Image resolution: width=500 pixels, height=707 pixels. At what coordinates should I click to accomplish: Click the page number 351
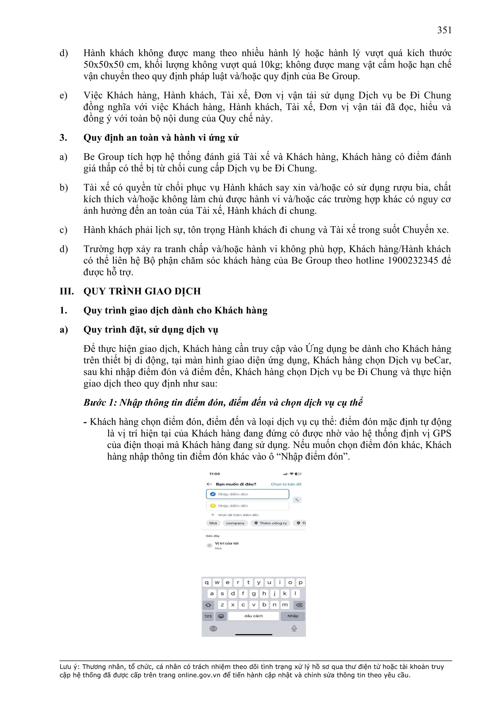pos(444,30)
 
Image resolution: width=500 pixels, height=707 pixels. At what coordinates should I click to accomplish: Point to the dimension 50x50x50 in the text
pos(103,65)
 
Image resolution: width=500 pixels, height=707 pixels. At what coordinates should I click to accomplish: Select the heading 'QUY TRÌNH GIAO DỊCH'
pos(142,291)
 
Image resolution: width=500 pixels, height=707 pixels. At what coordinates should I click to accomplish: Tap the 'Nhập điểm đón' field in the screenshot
pos(248,494)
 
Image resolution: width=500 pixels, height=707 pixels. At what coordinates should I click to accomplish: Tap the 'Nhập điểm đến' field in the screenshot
pos(248,506)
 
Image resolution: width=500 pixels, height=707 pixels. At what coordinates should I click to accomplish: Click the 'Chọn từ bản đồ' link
pos(286,484)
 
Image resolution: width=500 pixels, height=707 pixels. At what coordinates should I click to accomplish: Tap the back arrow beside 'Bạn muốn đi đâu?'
pos(209,484)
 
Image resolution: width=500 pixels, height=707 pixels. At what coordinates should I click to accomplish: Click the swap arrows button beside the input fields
pos(297,500)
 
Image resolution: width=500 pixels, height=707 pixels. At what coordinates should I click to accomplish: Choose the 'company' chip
pos(235,523)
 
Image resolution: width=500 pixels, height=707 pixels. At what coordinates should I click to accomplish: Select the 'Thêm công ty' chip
pos(271,523)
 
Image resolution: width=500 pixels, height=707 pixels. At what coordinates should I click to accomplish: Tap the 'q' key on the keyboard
pos(206,582)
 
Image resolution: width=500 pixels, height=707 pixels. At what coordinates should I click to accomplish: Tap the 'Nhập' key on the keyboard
pos(293,616)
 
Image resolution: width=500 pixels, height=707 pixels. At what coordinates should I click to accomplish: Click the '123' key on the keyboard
pos(208,616)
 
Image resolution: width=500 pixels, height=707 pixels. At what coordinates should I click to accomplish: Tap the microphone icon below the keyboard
pos(294,628)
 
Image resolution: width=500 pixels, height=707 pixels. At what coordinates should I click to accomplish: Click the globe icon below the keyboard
pos(213,628)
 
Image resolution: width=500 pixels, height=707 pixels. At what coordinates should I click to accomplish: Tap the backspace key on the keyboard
pos(299,605)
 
